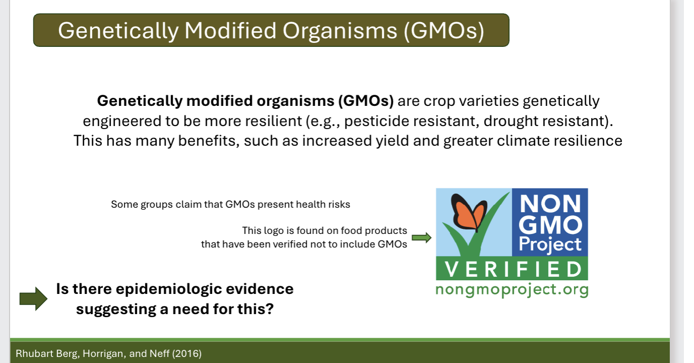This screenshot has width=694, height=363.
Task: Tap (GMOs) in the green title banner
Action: [x=444, y=31]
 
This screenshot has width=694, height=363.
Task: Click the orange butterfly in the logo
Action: [x=465, y=212]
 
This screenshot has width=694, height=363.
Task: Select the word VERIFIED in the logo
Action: [x=512, y=269]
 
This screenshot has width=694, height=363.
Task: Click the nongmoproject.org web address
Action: [x=511, y=289]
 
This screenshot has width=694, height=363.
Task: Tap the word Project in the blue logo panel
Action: [x=550, y=245]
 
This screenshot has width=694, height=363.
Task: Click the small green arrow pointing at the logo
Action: [x=422, y=237]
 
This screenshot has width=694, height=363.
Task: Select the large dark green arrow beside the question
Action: [x=33, y=299]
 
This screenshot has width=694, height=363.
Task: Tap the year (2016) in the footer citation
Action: [x=187, y=353]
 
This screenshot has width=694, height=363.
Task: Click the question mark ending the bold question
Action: [x=268, y=308]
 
